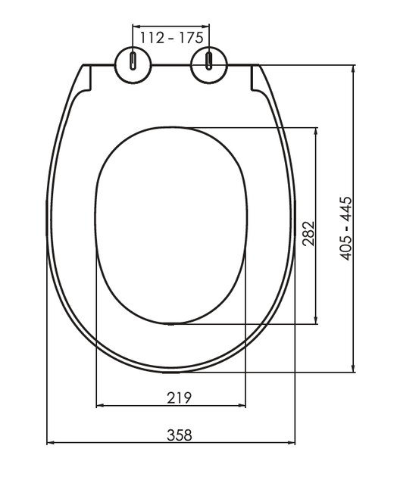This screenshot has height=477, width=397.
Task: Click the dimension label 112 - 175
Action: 171,38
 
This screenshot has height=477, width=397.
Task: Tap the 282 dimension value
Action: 308,233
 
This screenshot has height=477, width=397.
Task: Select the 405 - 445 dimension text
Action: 345,229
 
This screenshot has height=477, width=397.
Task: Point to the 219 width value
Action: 180,398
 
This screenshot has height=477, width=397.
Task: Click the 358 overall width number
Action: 180,435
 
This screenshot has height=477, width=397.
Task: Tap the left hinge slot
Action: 133,61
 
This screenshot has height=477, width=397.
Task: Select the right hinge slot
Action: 209,61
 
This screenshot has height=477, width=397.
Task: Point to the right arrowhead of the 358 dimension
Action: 291,443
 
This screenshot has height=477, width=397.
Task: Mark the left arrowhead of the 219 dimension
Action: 101,406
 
